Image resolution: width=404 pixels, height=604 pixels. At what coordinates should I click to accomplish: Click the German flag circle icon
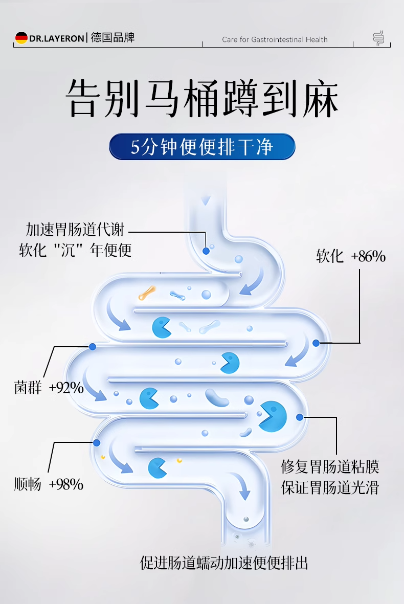21,38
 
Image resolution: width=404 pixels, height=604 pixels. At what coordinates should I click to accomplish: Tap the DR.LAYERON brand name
57,38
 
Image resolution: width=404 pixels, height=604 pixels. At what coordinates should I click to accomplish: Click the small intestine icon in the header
378,38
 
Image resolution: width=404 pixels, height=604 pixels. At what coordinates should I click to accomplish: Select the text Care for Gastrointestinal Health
275,39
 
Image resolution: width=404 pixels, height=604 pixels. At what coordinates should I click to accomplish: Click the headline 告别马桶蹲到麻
202,98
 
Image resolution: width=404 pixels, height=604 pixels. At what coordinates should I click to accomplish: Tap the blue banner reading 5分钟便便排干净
202,147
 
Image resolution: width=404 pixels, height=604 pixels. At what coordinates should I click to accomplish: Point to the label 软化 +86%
350,256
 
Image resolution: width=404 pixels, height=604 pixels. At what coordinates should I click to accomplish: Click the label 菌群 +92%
49,388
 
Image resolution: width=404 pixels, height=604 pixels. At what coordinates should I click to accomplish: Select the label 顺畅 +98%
49,484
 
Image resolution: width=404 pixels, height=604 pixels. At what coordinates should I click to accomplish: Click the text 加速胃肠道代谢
75,230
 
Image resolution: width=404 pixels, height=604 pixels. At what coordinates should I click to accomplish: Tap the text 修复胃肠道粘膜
330,467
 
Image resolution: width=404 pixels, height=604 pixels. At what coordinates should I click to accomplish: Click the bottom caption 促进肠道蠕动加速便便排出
224,563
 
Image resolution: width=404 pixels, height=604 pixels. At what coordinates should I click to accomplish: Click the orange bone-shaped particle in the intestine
147,293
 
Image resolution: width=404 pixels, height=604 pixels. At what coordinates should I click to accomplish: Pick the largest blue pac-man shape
272,415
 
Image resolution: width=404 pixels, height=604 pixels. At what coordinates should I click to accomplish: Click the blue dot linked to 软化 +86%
316,343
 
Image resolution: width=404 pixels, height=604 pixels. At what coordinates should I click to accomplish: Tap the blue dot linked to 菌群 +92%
93,346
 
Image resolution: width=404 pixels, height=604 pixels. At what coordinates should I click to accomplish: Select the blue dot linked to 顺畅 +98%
96,442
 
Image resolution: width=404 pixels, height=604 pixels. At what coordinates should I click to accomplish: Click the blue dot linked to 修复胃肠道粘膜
300,417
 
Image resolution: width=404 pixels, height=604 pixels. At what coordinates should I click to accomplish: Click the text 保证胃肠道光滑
330,487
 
